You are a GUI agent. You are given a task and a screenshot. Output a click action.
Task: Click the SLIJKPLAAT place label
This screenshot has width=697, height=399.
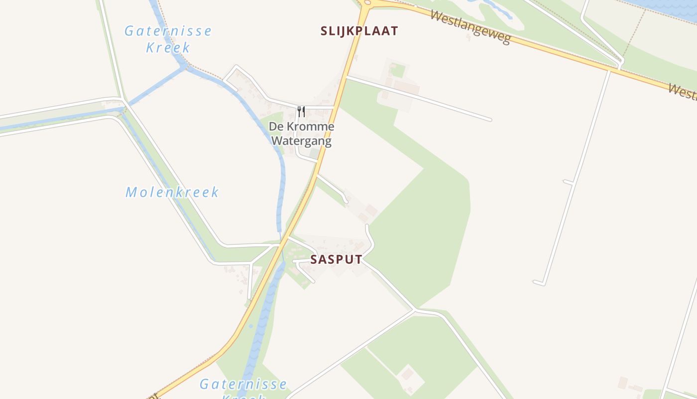[x=359, y=31]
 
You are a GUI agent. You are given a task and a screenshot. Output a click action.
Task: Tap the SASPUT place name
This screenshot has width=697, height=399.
[x=336, y=259]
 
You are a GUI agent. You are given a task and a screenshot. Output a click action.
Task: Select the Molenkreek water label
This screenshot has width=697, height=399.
[x=172, y=192]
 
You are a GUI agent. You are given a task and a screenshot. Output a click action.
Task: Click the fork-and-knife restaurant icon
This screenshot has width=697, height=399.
[x=301, y=111]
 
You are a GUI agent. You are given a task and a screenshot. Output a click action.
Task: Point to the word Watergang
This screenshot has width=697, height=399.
[x=301, y=141]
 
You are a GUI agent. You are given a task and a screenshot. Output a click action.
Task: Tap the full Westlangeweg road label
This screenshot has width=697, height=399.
[x=470, y=27]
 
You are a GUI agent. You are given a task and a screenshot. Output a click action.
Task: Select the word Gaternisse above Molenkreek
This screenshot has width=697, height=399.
[x=168, y=31]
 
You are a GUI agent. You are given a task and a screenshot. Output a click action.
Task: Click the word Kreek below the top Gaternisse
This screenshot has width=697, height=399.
[x=168, y=48]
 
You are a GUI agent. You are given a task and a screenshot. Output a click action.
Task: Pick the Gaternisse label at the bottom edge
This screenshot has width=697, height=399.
[x=243, y=384]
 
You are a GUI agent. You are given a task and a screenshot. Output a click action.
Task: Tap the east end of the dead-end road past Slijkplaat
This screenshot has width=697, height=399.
[x=490, y=120]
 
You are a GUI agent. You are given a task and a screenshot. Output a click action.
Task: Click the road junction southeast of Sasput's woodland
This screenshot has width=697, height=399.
[x=415, y=310]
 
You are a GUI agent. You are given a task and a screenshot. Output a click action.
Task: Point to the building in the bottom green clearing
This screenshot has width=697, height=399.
[x=407, y=373]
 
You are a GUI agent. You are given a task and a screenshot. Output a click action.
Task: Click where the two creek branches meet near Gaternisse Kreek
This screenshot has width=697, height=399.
[x=184, y=67]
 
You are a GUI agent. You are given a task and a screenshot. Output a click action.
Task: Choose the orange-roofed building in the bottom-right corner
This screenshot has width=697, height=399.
[x=623, y=383]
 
